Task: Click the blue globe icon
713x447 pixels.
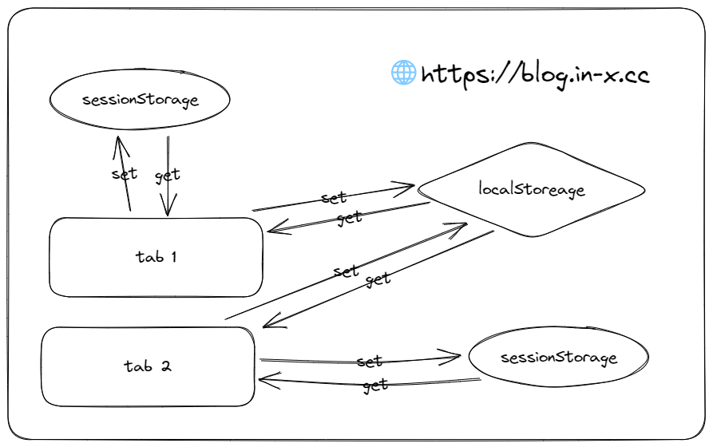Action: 403,73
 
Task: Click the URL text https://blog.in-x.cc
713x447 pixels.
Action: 534,75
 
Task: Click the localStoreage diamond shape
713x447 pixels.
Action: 532,190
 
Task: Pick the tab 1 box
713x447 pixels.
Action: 156,257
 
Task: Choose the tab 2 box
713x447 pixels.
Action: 148,366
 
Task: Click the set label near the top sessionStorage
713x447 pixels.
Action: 125,173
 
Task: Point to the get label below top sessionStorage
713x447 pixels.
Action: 168,175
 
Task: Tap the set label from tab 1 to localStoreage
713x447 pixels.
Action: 334,197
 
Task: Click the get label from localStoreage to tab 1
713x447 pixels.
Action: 349,216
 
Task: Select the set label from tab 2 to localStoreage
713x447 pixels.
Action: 347,271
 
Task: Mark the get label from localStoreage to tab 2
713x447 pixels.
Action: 378,279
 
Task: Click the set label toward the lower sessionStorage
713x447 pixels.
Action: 370,362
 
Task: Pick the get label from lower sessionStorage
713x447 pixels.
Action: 374,386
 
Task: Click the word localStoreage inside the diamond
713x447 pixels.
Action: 532,190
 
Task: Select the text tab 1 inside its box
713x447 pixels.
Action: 156,257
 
